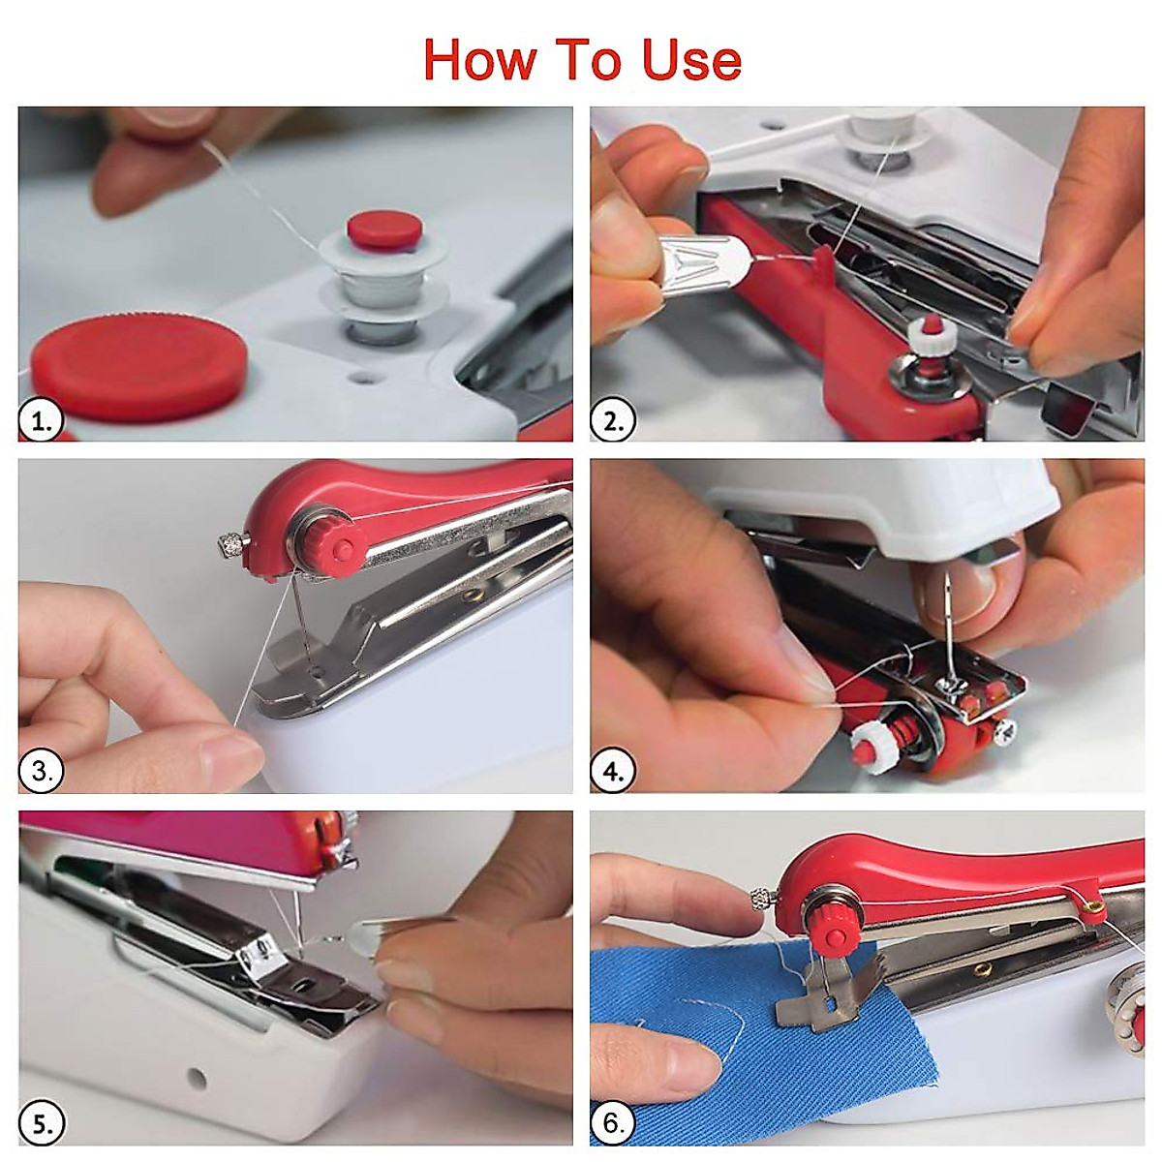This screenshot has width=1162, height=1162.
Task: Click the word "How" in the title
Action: pos(480,59)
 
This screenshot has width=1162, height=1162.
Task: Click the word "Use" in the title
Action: pos(691,59)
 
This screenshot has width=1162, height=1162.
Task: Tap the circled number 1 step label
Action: pos(41,420)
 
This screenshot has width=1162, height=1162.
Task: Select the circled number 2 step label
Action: pos(612,419)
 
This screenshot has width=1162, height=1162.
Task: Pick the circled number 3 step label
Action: pos(41,771)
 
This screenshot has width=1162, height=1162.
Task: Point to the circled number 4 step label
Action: pos(612,770)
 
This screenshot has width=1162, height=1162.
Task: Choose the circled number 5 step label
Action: pos(41,1123)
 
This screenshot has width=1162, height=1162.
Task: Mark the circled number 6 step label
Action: pos(612,1123)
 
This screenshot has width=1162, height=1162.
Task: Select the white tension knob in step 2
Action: pos(931,336)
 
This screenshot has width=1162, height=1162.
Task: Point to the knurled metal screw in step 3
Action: pos(232,546)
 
